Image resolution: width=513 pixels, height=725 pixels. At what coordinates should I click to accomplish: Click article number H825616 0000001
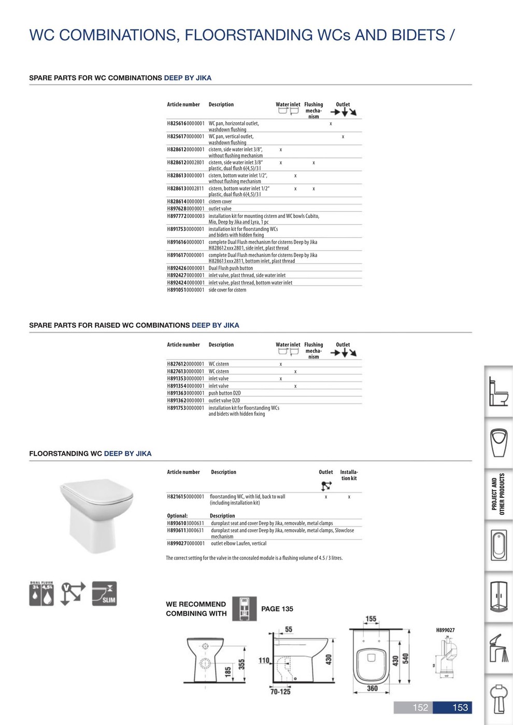click(186, 124)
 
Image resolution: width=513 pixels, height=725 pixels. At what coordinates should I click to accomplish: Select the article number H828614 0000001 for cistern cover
click(186, 201)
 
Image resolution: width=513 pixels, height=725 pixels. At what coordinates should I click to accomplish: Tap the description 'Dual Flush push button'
click(231, 268)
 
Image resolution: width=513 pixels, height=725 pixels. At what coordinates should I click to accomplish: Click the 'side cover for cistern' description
click(227, 290)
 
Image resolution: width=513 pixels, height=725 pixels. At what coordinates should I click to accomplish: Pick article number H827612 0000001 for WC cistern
click(186, 364)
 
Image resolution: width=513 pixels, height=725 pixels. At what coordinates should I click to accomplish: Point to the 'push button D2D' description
click(224, 393)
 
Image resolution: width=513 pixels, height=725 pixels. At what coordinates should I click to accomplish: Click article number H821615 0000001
click(186, 497)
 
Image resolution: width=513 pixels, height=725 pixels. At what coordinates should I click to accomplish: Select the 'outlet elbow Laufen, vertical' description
click(238, 544)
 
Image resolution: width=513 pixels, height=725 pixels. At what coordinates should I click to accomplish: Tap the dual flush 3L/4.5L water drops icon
click(41, 593)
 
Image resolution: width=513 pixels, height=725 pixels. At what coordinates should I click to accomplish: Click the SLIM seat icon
click(104, 593)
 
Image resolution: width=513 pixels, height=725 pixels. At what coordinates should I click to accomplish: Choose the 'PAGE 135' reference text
click(277, 609)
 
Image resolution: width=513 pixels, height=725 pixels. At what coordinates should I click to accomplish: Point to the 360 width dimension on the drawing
click(372, 688)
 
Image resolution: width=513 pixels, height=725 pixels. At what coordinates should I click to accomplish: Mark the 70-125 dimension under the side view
click(280, 691)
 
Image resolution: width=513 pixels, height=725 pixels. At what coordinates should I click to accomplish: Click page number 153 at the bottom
click(460, 707)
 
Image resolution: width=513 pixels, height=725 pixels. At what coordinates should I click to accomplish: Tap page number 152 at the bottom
click(420, 707)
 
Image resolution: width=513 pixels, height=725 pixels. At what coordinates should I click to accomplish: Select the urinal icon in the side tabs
click(499, 442)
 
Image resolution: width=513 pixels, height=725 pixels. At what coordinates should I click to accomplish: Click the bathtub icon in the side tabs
click(499, 545)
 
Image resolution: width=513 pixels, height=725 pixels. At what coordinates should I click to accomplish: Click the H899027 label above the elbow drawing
click(445, 630)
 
